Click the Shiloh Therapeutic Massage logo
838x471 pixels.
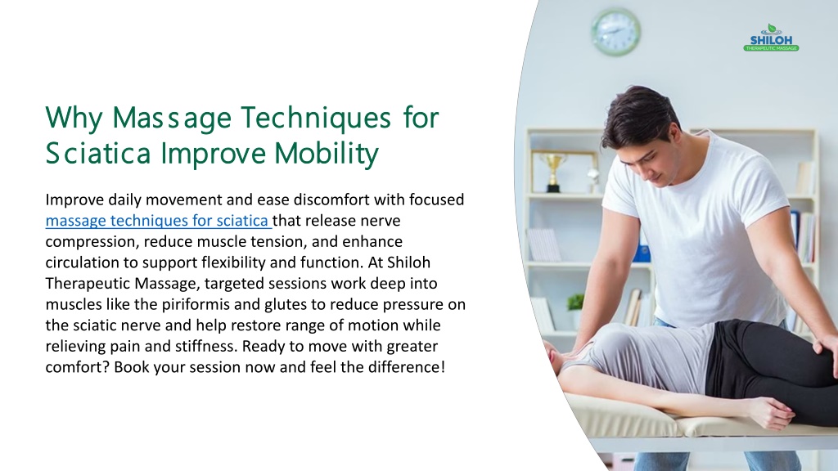pos(771,38)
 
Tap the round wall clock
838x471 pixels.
pos(615,32)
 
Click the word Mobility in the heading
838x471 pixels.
pos(327,153)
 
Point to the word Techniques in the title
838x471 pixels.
pos(316,118)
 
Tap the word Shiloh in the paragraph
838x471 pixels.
pos(408,262)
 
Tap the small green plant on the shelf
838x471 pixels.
pos(575,303)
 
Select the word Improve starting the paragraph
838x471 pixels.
pos(74,200)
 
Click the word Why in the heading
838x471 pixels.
pos(74,118)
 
